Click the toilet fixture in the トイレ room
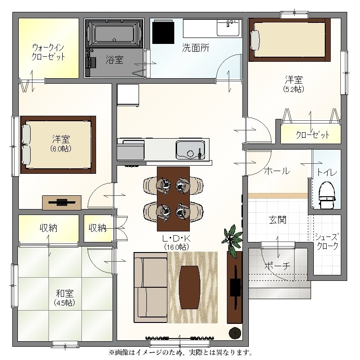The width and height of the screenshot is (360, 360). [x=326, y=195]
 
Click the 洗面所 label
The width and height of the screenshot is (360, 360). [x=196, y=48]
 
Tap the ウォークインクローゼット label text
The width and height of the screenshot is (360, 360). [x=48, y=52]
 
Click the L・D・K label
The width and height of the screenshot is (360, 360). [x=176, y=238]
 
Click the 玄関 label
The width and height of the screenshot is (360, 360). [x=277, y=220]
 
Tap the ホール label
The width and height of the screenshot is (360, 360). [x=277, y=171]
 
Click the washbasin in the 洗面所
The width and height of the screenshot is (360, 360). [x=228, y=28]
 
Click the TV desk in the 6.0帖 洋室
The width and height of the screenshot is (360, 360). [x=62, y=202]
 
